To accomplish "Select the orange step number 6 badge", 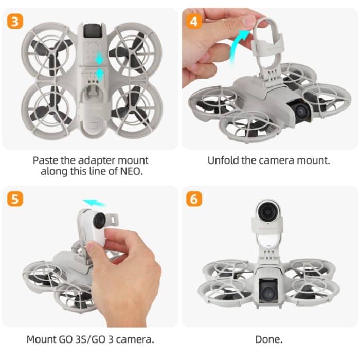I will click(195, 199).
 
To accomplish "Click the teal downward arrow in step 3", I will click(99, 75).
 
